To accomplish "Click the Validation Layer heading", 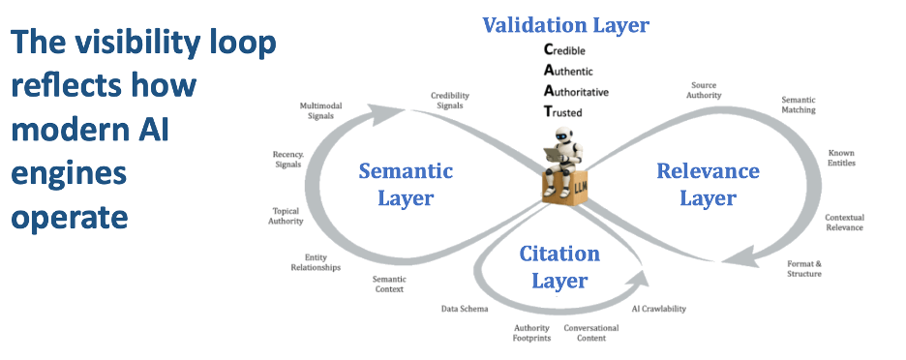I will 566,24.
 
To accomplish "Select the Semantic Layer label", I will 406,184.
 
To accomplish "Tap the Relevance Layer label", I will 708,184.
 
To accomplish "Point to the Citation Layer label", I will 559,267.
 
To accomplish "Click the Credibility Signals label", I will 451,100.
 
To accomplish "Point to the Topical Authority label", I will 286,215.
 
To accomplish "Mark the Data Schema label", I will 465,309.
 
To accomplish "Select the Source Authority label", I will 703,90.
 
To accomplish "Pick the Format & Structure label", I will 804,268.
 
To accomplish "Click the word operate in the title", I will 70,215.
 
